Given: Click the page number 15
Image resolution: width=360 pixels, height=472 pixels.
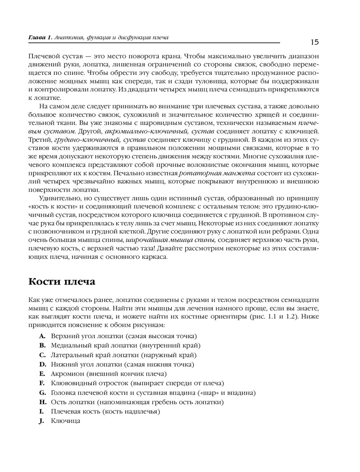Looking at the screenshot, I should click(314, 42).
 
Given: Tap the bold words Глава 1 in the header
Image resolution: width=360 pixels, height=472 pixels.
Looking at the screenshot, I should click(40, 37).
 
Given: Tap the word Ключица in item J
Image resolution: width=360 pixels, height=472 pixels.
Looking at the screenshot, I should click(66, 421).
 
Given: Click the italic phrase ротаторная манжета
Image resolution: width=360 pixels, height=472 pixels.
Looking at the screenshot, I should click(214, 173).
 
